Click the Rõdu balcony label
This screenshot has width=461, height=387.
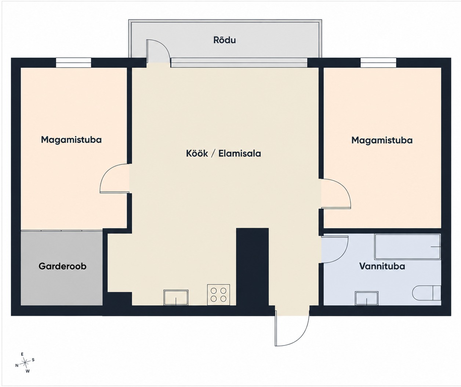(225, 40)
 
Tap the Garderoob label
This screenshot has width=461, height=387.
(62, 266)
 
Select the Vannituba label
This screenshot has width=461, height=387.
(382, 266)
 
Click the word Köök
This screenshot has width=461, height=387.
(197, 154)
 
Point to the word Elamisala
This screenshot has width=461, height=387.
(240, 154)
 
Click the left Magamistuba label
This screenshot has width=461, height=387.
(71, 140)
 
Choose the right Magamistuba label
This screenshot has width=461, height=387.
(382, 140)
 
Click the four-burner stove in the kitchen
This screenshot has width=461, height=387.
(219, 295)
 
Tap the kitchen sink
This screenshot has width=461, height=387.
(176, 297)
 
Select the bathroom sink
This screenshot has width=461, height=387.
(367, 299)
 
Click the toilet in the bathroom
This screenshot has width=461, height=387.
(426, 293)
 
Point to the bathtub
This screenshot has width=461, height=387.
(407, 247)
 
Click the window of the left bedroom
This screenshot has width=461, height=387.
(73, 62)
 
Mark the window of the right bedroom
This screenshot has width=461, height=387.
(378, 62)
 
